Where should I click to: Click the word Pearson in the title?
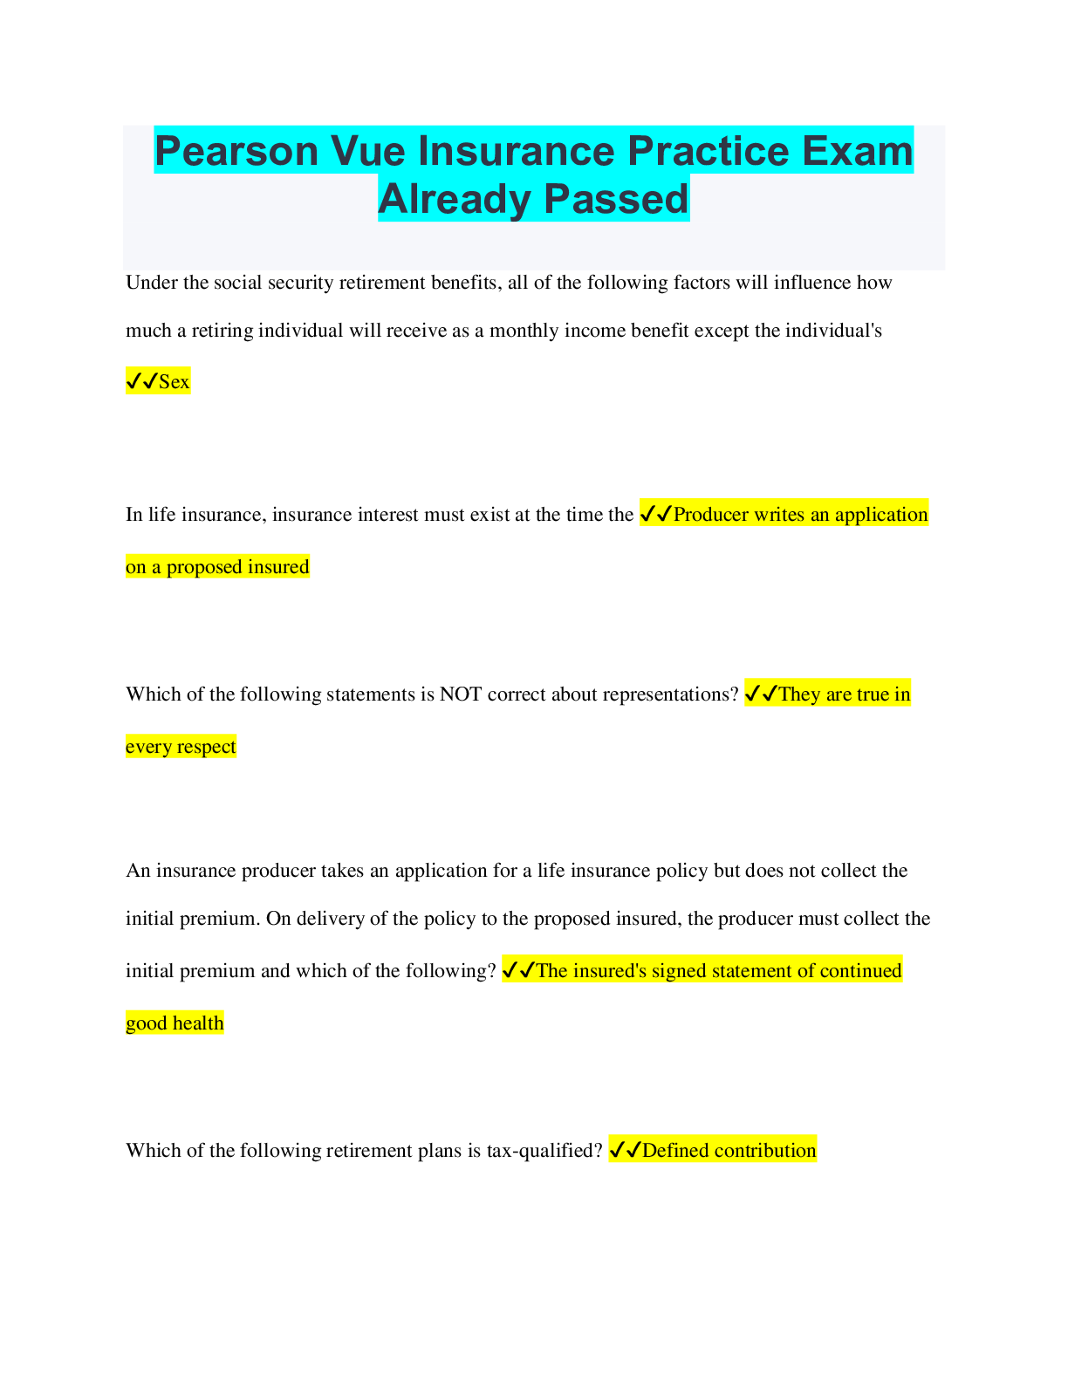tap(236, 151)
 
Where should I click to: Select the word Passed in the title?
tap(616, 199)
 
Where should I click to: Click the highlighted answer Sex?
tap(174, 382)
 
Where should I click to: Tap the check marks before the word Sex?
tap(141, 381)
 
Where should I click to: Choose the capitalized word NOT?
tap(461, 694)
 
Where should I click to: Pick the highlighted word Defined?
tap(675, 1151)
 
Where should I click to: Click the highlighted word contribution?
tap(765, 1151)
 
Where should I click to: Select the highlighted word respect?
tap(207, 747)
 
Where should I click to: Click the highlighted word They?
tap(799, 694)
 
